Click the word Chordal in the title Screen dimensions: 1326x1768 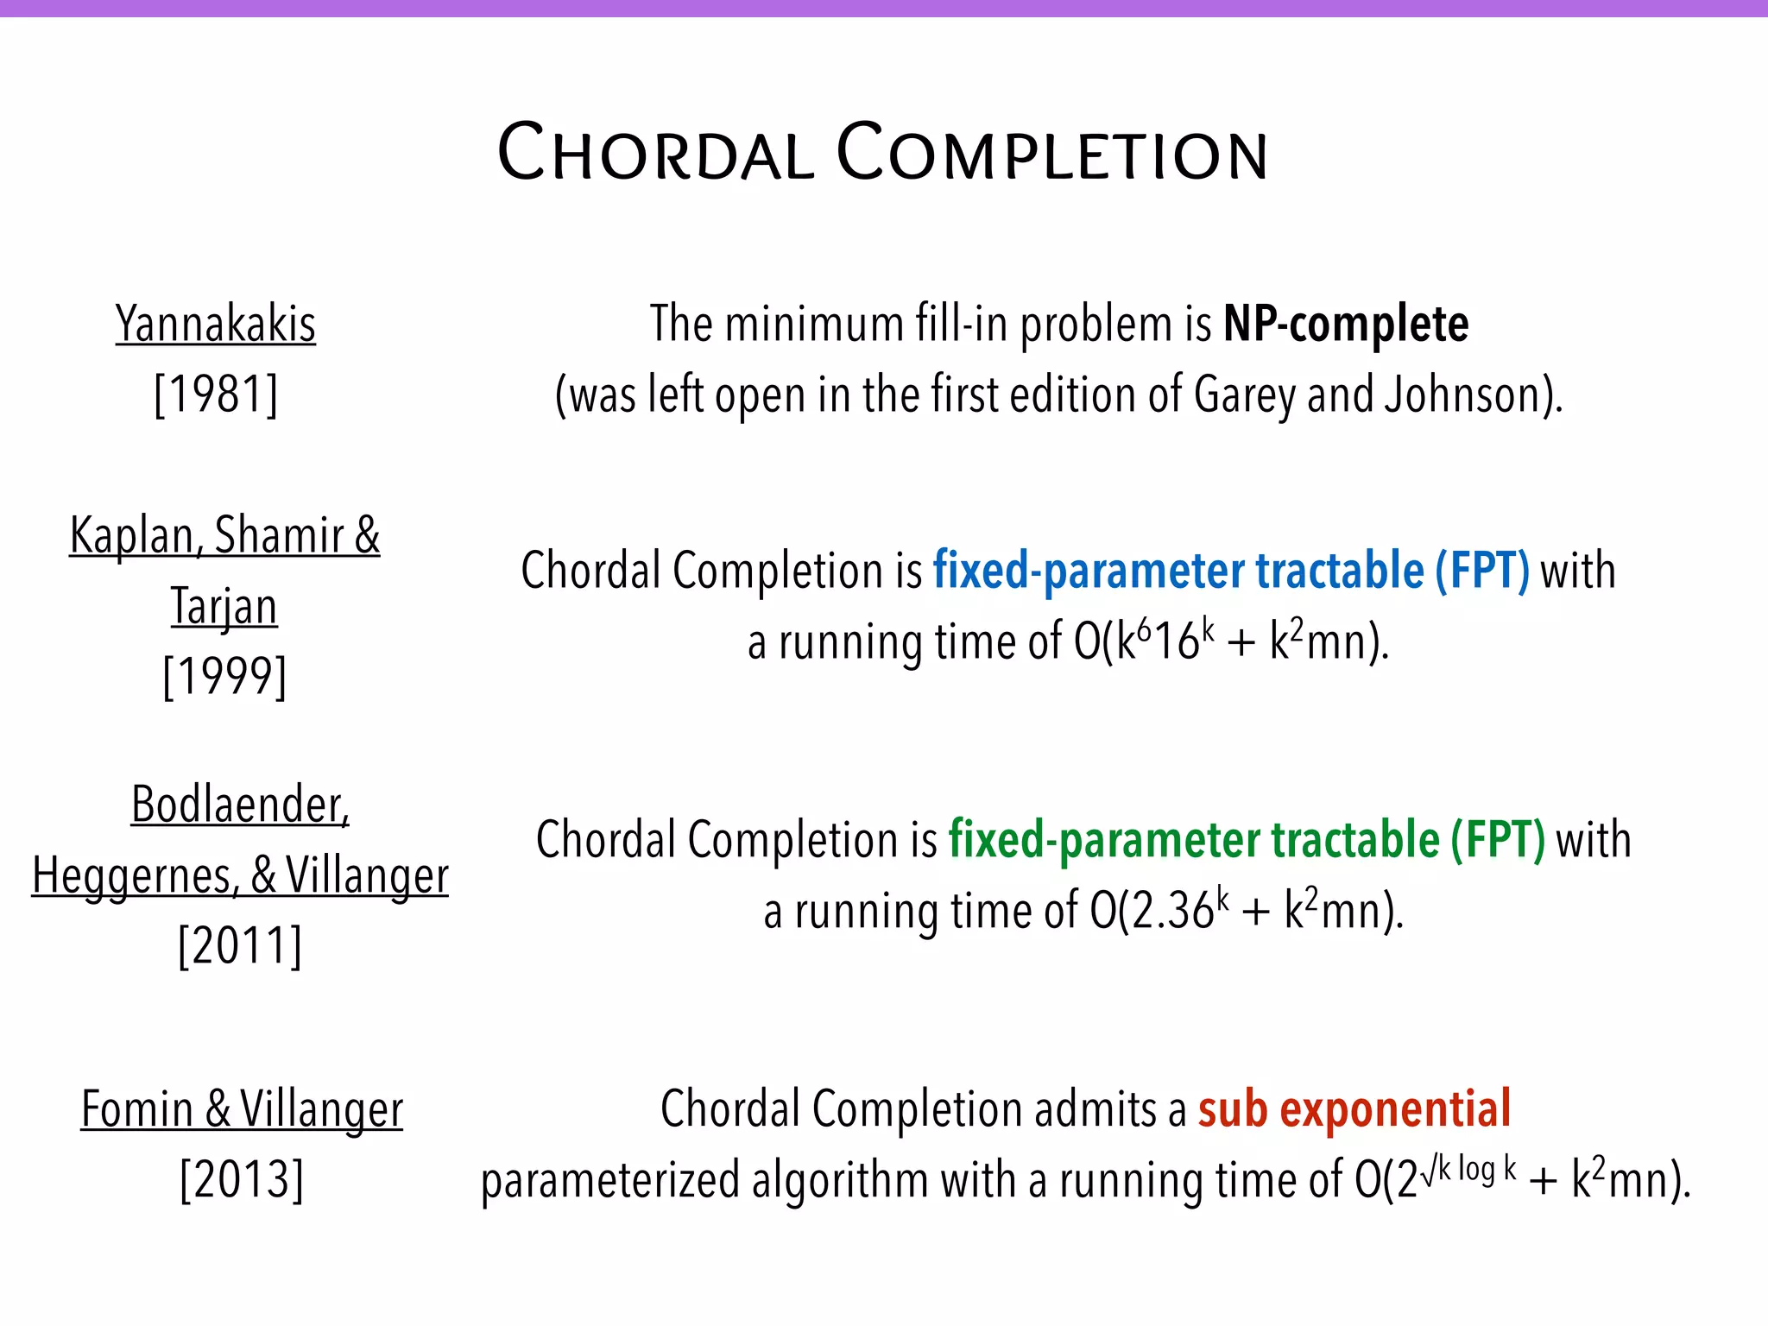click(656, 154)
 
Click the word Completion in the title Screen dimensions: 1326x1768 click(1053, 154)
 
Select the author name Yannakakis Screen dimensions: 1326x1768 click(216, 325)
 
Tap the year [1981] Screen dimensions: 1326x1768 click(216, 395)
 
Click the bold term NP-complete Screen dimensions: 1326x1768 click(1345, 325)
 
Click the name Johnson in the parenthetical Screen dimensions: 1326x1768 click(1462, 395)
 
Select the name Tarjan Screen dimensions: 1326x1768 click(224, 606)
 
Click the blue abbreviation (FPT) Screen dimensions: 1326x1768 click(1481, 571)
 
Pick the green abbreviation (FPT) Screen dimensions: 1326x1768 click(1497, 840)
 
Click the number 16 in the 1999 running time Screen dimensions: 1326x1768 click(1176, 643)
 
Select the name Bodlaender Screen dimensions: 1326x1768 click(240, 805)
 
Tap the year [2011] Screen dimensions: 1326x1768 click(240, 946)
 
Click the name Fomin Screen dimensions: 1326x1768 click(137, 1109)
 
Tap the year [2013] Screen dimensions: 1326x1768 click(242, 1180)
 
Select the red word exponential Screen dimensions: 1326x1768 click(1395, 1109)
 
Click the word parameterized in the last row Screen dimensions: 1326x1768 click(609, 1181)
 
